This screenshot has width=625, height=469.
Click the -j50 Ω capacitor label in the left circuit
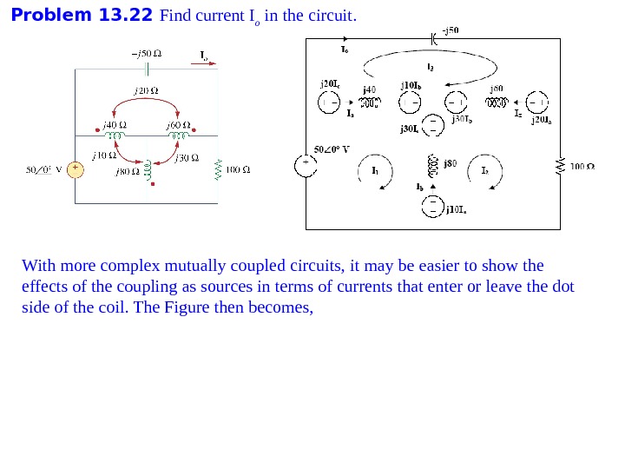pos(146,52)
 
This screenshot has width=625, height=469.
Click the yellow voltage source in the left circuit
pos(76,168)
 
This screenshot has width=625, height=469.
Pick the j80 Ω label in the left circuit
pos(128,171)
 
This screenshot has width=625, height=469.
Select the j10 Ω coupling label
pos(106,155)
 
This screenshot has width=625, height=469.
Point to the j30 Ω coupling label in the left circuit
pos(187,157)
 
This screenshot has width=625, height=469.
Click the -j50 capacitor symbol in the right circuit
pos(433,38)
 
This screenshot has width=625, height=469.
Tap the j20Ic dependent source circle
pos(329,102)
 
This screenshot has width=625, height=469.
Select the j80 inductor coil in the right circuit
pos(431,163)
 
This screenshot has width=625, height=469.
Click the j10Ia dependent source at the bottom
pos(431,206)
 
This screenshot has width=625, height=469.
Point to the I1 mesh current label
pos(375,171)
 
